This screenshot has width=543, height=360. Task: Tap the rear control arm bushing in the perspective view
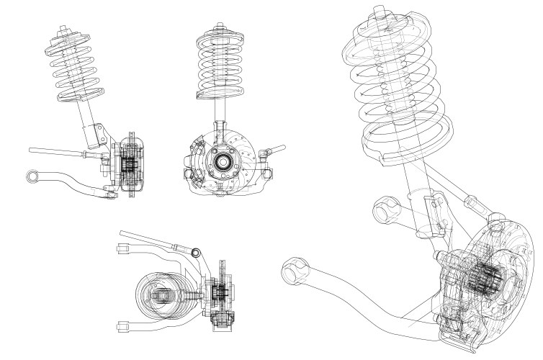(385, 211)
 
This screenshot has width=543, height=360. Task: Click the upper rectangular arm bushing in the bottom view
(121, 249)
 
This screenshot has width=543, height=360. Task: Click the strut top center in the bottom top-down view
(163, 296)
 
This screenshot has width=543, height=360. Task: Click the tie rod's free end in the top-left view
(33, 150)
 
